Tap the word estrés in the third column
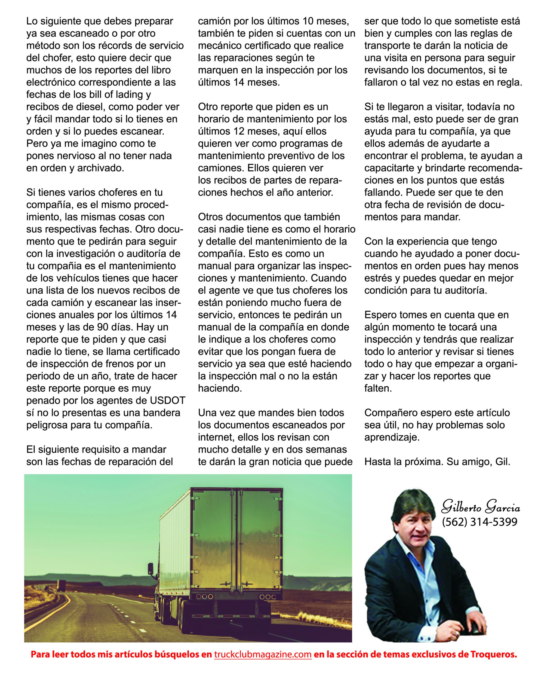click(x=379, y=278)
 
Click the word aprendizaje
click(x=392, y=437)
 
